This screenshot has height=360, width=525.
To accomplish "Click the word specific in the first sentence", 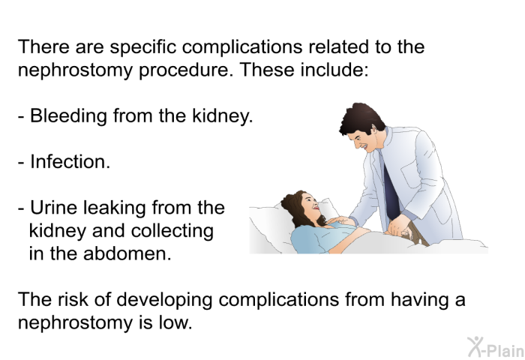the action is pos(143,47).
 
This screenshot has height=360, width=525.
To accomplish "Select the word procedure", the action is pos(186,70).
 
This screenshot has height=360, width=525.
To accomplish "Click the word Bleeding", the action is pos(68,116).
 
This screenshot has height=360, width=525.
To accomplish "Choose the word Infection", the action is pos(70,162).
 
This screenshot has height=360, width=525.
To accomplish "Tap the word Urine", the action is pos(54,208).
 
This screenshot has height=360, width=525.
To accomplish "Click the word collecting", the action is pos(172,232).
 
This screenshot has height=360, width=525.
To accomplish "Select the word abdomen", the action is pos(127,253).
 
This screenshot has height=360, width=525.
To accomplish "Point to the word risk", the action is pos(72,299).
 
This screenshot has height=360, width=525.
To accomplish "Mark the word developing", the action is pos(164,300).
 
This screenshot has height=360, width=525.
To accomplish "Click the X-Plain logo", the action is pos(496,346).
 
